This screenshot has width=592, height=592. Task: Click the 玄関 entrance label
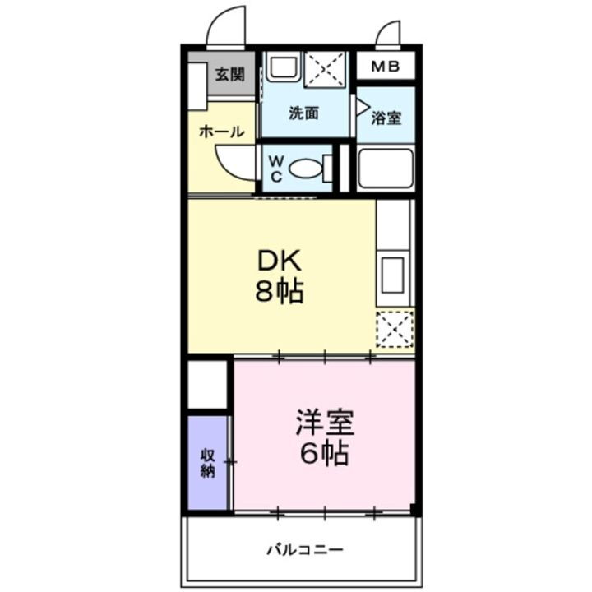coord(229,74)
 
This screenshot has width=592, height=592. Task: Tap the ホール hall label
coord(221,132)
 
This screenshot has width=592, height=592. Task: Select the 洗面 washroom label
coord(303,113)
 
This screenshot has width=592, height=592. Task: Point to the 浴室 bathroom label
coord(386,118)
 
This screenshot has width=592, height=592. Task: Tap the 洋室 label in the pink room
coord(324,423)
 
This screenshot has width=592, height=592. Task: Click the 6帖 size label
coord(324,453)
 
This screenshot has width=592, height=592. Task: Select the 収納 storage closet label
coord(207,462)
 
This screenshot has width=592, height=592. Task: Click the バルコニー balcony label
coord(303,549)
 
